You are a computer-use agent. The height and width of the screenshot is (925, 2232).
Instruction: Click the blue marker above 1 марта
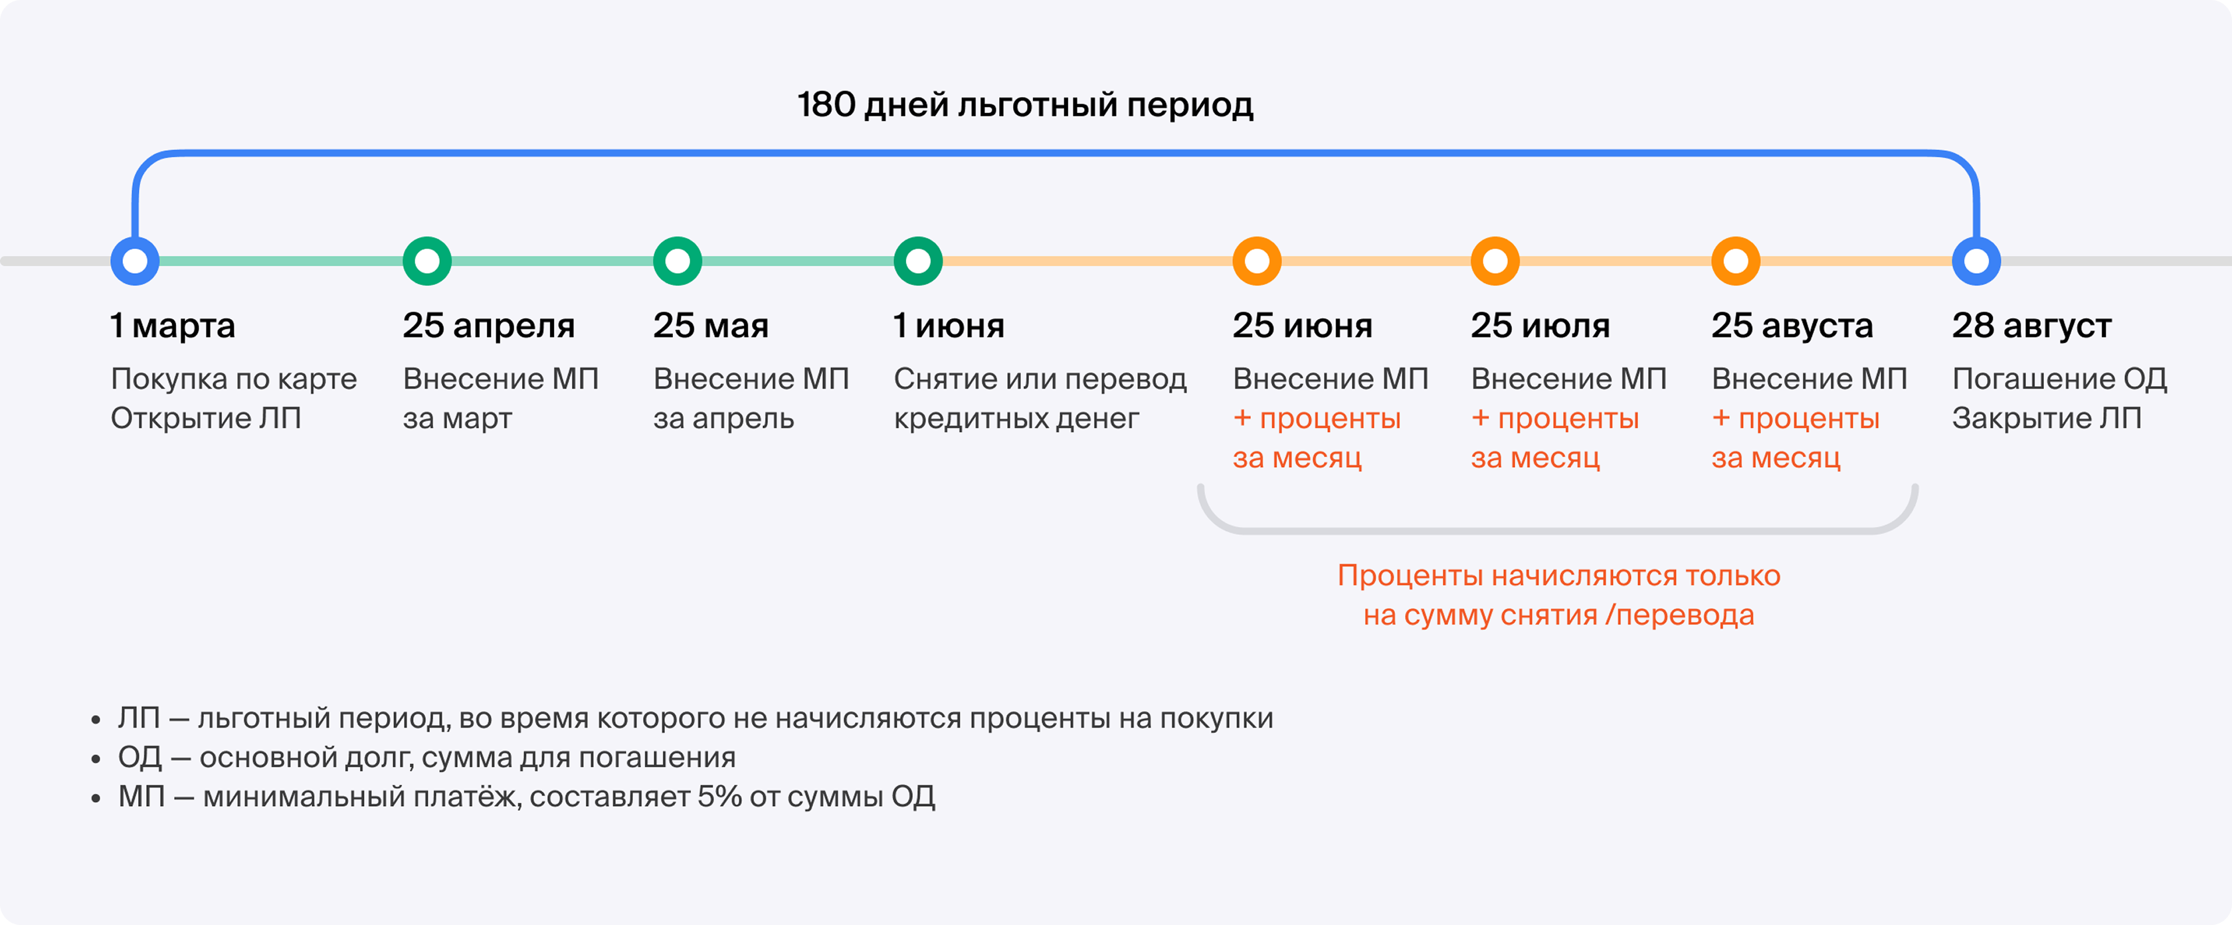pyautogui.click(x=135, y=261)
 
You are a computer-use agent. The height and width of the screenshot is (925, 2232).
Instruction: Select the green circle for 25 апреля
pyautogui.click(x=427, y=261)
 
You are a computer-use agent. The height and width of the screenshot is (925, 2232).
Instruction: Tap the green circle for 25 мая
pyautogui.click(x=678, y=261)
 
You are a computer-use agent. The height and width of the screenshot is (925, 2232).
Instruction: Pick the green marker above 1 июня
pyautogui.click(x=919, y=261)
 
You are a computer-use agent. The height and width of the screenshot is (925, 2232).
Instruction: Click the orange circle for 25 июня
pyautogui.click(x=1257, y=261)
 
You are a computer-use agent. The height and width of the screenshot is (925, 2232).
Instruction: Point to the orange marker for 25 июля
pyautogui.click(x=1495, y=261)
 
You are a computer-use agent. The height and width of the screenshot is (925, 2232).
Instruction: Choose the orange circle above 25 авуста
pyautogui.click(x=1736, y=261)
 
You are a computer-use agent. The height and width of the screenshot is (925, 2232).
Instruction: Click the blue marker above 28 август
pyautogui.click(x=1976, y=261)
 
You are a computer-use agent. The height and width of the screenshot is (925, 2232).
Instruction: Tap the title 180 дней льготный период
pyautogui.click(x=1025, y=105)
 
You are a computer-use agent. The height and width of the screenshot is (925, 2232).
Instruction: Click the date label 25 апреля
pyautogui.click(x=489, y=326)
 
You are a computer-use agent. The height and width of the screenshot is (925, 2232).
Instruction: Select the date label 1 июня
pyautogui.click(x=949, y=326)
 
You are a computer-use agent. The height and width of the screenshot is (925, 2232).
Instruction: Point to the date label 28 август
pyautogui.click(x=2032, y=326)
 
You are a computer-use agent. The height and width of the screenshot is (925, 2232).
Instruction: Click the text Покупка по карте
pyautogui.click(x=234, y=379)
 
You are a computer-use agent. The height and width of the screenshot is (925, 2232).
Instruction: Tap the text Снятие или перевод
pyautogui.click(x=1040, y=379)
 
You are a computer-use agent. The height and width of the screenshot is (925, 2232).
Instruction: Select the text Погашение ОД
pyautogui.click(x=2059, y=379)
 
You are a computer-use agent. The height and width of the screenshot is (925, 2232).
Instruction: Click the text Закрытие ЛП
pyautogui.click(x=2047, y=419)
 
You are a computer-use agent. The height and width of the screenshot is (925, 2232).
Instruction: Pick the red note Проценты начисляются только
pyautogui.click(x=1559, y=575)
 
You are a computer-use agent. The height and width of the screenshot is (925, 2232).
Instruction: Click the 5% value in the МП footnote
pyautogui.click(x=719, y=796)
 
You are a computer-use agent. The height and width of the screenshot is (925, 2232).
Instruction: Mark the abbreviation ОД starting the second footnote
pyautogui.click(x=140, y=758)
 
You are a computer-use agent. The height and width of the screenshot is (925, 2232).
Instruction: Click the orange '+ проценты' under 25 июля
pyautogui.click(x=1555, y=419)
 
